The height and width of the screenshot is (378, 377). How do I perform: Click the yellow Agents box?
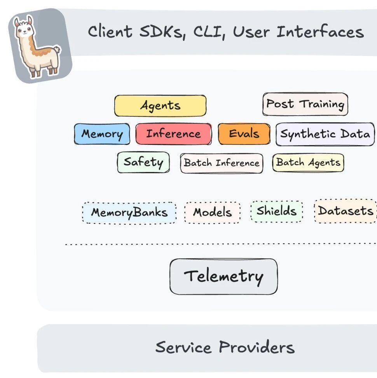coord(161,105)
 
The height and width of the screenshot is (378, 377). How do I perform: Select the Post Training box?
coord(305,104)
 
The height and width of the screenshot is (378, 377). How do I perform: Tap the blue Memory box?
coord(102,134)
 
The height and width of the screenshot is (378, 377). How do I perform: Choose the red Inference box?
coord(174,134)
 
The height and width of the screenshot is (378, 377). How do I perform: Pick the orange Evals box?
coord(244,134)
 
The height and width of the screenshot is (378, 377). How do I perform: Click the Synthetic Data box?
coord(325,134)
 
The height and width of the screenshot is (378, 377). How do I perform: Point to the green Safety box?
coord(143,162)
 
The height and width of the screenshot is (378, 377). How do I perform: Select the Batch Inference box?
coord(222,163)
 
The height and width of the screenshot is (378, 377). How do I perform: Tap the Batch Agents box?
coord(308,163)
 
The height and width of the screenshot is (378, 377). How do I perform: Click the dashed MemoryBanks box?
coord(129,213)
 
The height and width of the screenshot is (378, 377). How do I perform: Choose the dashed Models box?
coord(212,213)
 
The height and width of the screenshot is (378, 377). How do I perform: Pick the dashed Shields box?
coord(277,211)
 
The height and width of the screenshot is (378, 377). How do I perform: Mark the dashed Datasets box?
coord(346,211)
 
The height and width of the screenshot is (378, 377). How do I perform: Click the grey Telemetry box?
coord(223,276)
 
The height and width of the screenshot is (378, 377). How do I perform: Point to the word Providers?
coord(257,347)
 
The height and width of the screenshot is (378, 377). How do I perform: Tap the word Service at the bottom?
coord(183,347)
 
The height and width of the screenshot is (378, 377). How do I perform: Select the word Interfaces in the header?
coord(320,32)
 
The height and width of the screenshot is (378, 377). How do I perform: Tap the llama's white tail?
coord(57,50)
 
